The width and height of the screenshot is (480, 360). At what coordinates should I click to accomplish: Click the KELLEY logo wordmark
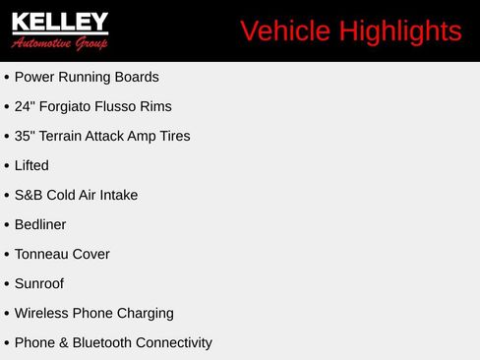click(x=60, y=22)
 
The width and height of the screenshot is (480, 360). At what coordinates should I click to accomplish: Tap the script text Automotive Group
click(x=59, y=43)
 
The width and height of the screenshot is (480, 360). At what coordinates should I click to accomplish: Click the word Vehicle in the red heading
click(x=285, y=31)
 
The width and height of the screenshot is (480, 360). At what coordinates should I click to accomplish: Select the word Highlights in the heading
click(x=400, y=32)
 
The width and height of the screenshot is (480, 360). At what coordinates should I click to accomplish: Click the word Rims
click(x=155, y=106)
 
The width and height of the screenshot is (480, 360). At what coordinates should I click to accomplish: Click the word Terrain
click(x=60, y=136)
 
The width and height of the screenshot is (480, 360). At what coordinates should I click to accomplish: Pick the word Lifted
click(x=31, y=165)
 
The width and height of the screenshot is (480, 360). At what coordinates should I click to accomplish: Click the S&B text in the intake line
click(x=29, y=195)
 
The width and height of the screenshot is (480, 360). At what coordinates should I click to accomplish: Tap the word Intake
click(x=119, y=195)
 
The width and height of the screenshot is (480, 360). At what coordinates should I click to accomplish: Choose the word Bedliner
click(x=40, y=224)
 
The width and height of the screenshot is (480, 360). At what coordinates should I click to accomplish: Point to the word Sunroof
click(x=39, y=283)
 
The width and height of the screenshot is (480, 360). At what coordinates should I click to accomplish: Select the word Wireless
click(x=41, y=313)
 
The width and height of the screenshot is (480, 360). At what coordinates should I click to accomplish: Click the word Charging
click(x=146, y=314)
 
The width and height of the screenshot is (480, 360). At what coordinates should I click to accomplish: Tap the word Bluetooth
click(x=102, y=342)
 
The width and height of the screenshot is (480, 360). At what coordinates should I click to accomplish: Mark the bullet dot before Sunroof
click(x=7, y=284)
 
